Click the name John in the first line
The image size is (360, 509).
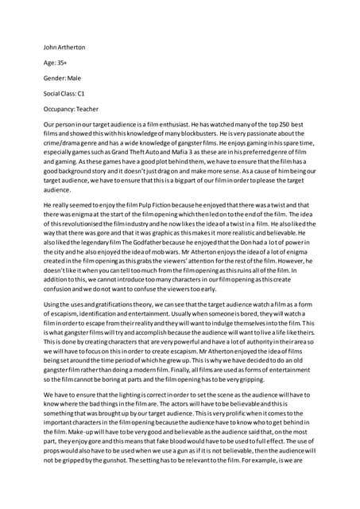point(52,47)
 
